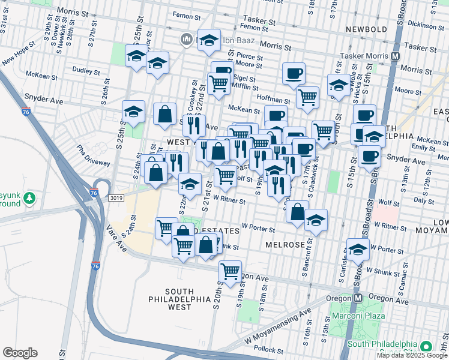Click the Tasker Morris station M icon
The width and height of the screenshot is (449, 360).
click(396, 56)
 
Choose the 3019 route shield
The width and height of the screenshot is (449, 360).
click(116, 197)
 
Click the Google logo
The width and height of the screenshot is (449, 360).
click(20, 353)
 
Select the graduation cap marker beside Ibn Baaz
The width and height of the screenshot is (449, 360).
click(209, 40)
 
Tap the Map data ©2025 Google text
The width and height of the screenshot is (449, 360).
click(412, 355)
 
